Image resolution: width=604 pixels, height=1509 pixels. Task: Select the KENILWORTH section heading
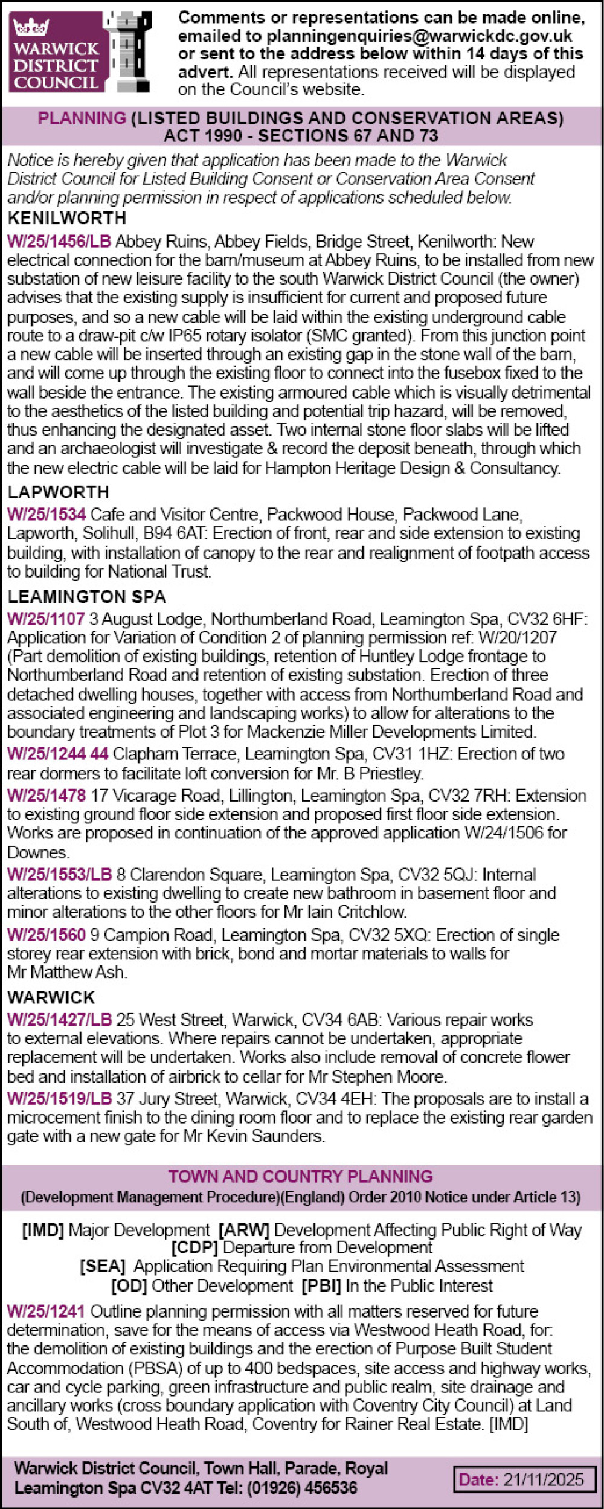67,219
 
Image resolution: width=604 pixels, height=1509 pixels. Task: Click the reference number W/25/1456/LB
59,242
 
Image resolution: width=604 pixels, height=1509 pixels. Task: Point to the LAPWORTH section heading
59,492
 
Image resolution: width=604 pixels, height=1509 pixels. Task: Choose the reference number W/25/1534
47,515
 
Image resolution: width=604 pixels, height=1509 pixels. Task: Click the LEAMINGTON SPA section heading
86,597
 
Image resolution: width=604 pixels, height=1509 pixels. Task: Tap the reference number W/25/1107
46,619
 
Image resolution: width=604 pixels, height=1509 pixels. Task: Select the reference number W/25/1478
47,796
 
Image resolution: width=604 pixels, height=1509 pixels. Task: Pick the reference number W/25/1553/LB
59,875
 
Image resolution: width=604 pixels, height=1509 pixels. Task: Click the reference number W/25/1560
47,935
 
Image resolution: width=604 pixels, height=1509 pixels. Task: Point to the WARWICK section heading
51,997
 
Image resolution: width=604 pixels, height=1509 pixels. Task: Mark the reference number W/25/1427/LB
59,1020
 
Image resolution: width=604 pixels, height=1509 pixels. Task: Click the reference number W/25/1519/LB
59,1098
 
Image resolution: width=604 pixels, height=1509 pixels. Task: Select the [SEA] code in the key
102,1266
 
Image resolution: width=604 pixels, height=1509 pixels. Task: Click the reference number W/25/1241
46,1311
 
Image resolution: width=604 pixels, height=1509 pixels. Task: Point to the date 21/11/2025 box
524,1479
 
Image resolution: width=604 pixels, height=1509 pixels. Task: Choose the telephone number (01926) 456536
301,1487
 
